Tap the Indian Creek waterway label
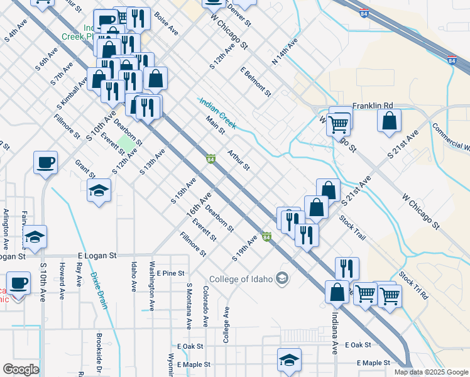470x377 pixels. point(217,113)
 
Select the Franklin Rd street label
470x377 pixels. point(373,106)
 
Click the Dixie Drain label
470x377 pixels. point(99,290)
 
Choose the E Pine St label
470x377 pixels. point(171,273)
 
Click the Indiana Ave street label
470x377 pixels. point(335,331)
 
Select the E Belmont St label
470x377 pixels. point(255,82)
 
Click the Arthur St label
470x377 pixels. point(239,160)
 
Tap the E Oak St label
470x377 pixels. point(190,346)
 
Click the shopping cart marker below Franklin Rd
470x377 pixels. point(339,124)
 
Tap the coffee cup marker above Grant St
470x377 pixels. point(46,162)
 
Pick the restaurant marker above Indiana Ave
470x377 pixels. point(347,268)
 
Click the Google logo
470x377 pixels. point(21,369)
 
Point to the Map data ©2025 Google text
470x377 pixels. point(430,372)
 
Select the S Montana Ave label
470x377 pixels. point(189,306)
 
